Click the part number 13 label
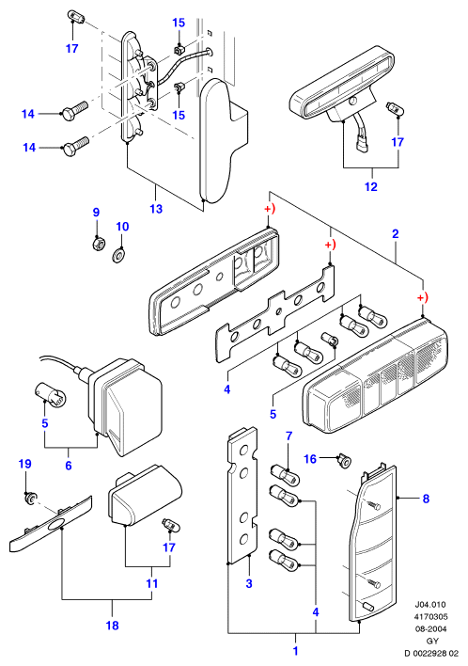[156, 209]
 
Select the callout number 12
[371, 186]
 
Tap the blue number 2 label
[396, 233]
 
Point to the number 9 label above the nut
[96, 213]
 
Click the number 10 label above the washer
[122, 227]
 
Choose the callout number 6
[69, 466]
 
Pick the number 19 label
[25, 464]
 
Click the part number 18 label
[113, 626]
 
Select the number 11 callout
[152, 583]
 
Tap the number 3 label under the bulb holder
[249, 583]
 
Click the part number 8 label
[426, 499]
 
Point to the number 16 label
[310, 459]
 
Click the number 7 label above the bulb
[289, 436]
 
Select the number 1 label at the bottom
[296, 651]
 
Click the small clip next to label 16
[344, 461]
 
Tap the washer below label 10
[119, 256]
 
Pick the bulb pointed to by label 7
[286, 476]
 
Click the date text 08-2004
[430, 628]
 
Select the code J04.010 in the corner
[430, 605]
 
